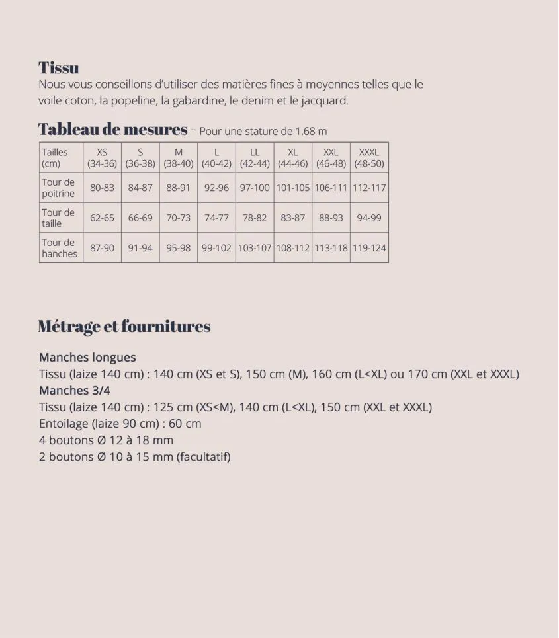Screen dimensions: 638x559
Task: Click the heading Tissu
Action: click(59, 67)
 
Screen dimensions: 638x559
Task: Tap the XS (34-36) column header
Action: click(102, 157)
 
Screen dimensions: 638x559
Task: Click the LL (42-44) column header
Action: click(255, 157)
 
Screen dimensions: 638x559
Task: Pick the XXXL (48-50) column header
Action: click(369, 157)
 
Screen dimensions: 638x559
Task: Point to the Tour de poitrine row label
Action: click(58, 188)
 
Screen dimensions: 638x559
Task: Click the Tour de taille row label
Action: click(58, 218)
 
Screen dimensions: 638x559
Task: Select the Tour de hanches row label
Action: click(59, 247)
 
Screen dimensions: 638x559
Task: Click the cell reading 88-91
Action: click(179, 188)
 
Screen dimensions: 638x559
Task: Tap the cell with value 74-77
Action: click(216, 218)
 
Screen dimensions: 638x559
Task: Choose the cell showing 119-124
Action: click(369, 248)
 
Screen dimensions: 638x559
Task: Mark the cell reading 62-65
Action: click(102, 218)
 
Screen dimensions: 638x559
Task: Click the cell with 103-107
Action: click(255, 248)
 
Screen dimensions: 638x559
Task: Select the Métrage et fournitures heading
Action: click(124, 326)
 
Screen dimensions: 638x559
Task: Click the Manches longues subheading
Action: click(87, 357)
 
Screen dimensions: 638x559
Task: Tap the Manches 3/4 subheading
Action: click(75, 390)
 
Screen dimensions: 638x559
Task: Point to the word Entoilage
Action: click(64, 424)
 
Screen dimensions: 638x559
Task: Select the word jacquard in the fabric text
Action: click(324, 101)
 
